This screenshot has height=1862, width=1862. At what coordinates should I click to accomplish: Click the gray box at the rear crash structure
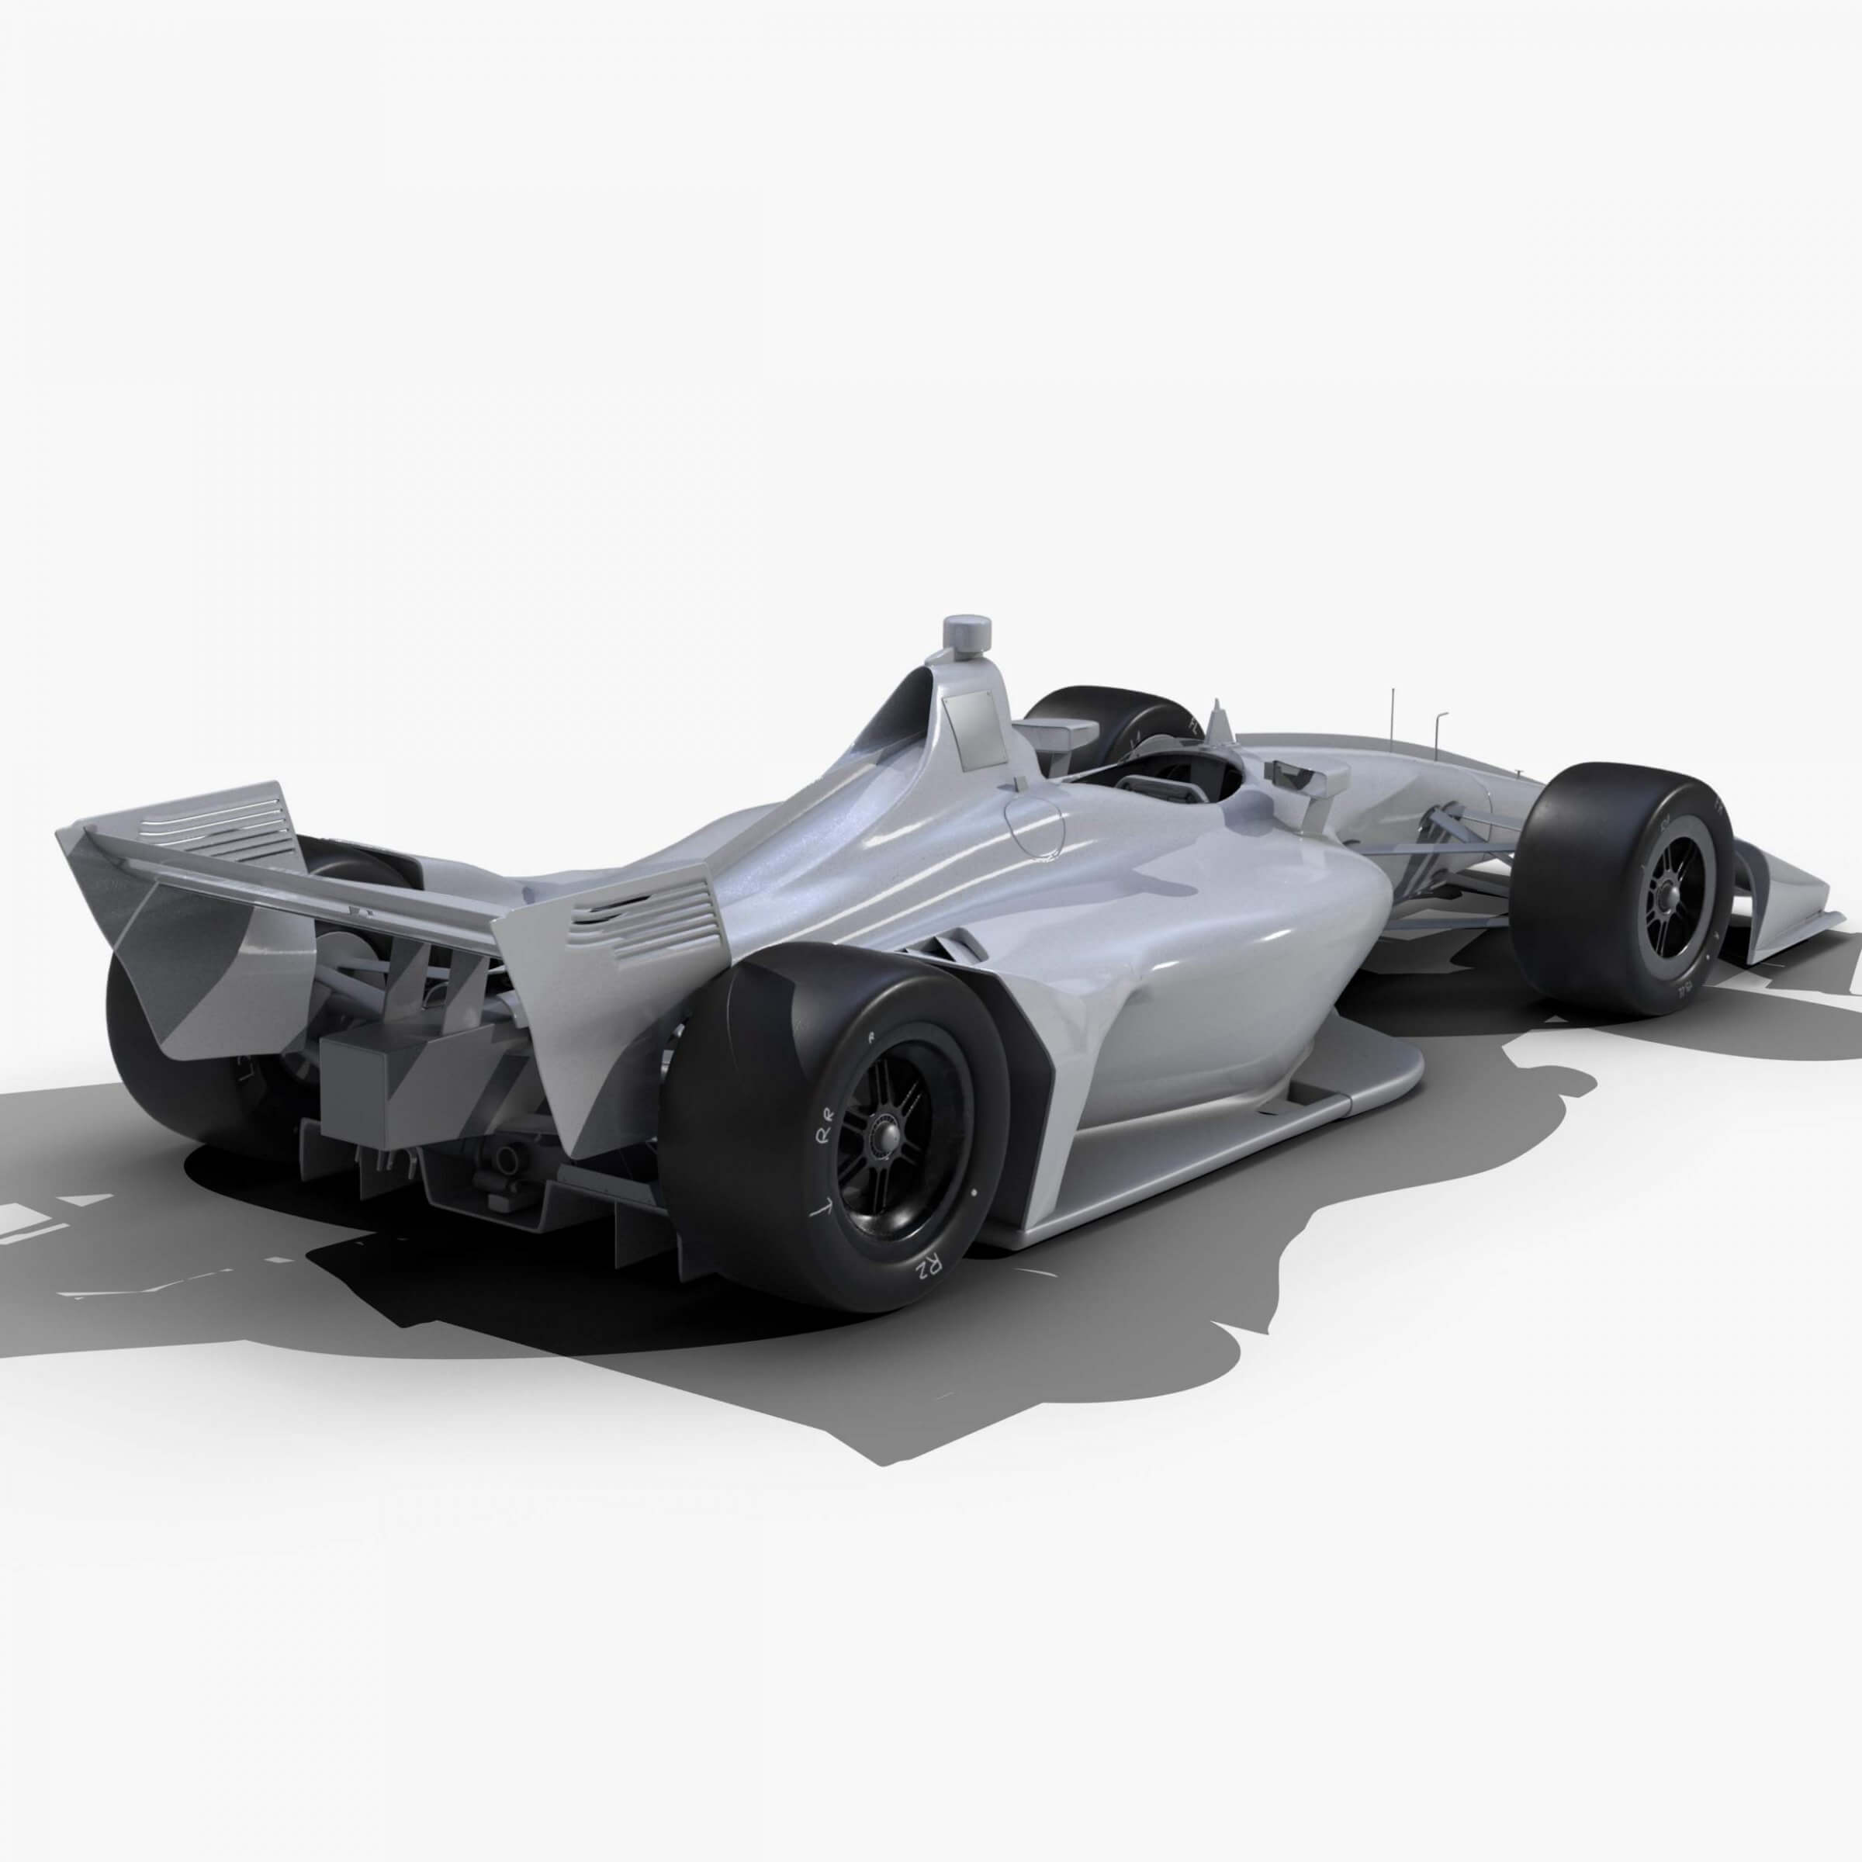[358, 1089]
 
